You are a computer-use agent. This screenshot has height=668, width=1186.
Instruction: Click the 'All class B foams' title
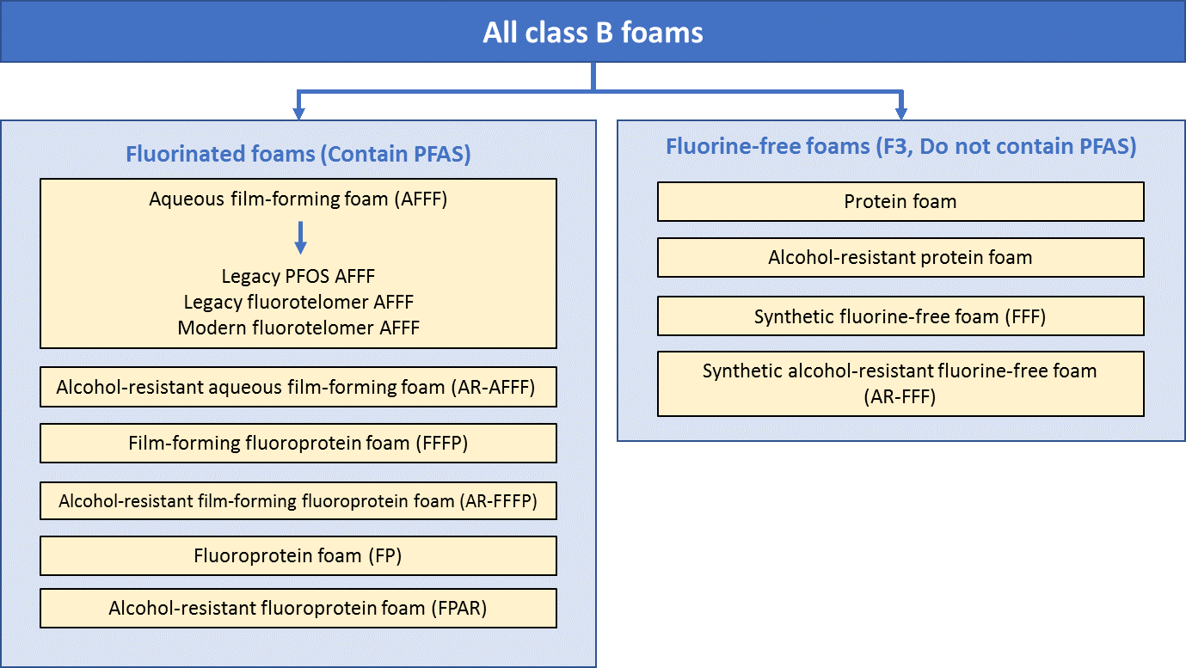[593, 33]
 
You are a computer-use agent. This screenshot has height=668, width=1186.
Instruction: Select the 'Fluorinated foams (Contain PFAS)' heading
[298, 154]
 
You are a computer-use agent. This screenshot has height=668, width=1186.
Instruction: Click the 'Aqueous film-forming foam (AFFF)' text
[298, 199]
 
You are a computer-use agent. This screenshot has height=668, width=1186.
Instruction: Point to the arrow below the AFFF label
[300, 237]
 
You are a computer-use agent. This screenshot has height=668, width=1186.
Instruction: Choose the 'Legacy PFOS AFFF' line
[298, 276]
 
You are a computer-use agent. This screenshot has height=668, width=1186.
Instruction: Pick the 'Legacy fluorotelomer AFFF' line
[298, 302]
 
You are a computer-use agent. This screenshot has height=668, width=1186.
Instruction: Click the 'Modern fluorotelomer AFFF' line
[298, 328]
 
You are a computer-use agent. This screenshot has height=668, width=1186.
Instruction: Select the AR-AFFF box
[298, 387]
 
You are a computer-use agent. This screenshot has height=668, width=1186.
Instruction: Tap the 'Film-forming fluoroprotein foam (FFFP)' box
[298, 443]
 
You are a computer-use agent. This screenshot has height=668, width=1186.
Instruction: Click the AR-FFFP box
[298, 500]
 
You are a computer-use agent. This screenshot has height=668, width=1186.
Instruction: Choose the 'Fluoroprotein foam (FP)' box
[298, 555]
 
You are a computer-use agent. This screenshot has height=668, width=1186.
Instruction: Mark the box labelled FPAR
[298, 608]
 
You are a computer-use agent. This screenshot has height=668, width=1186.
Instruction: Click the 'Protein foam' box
[900, 201]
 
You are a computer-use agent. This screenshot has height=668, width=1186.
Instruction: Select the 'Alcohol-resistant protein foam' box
[900, 257]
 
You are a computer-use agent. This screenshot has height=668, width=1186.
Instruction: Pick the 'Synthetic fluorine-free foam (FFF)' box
[900, 316]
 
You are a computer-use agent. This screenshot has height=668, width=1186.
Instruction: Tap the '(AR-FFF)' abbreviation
[900, 397]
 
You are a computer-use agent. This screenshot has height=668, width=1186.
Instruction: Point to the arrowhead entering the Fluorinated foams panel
[298, 113]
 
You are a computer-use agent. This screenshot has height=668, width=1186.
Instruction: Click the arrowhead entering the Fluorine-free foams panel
[900, 113]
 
